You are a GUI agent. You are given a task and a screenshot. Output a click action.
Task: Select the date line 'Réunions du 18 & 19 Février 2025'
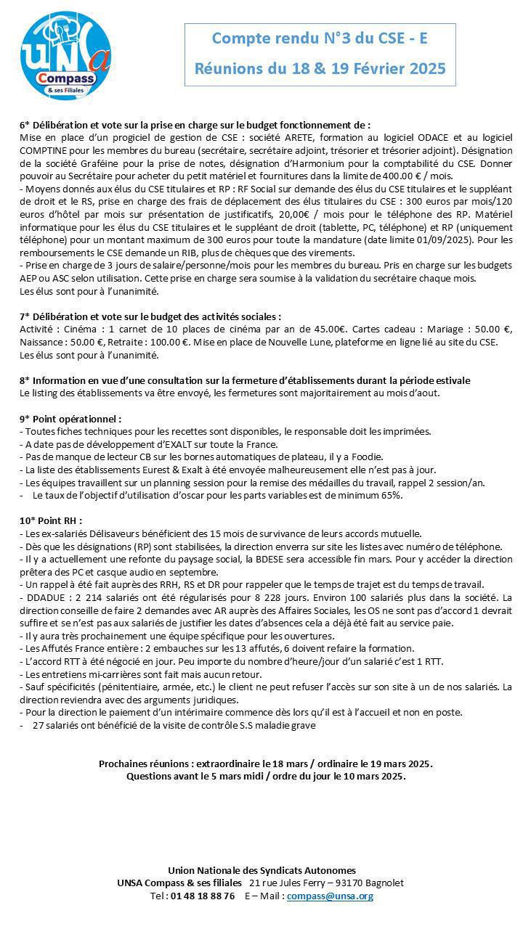(x=320, y=69)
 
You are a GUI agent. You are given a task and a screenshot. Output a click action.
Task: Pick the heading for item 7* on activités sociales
(x=150, y=316)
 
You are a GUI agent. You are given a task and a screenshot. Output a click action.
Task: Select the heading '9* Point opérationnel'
(x=70, y=419)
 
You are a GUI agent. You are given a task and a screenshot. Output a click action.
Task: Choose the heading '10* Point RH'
(x=51, y=520)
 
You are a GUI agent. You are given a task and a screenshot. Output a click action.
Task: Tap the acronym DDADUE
(x=46, y=597)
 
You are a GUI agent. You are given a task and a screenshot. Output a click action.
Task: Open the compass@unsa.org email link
(x=330, y=896)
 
